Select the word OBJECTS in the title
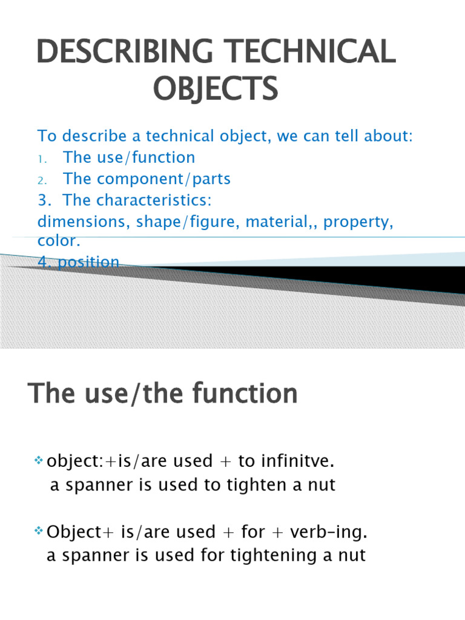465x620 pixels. pos(216,89)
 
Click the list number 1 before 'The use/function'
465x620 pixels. pos(41,159)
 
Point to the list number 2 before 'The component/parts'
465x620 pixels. pos(41,181)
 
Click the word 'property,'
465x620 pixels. pos(358,222)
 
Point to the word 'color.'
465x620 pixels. pos(59,241)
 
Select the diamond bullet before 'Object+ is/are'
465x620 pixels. pos(38,531)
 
